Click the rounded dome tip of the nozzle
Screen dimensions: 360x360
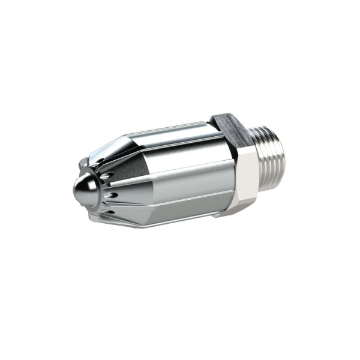click(84, 191)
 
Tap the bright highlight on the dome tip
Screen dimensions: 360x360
click(80, 187)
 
